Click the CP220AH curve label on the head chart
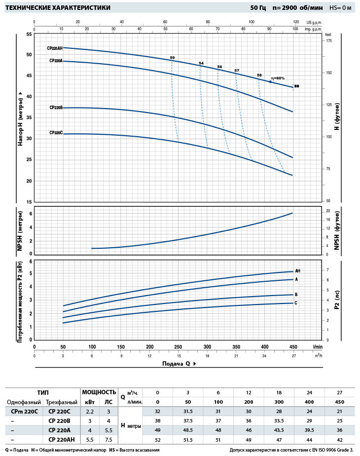point(55,48)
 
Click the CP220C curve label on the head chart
point(56,133)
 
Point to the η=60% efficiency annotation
point(278,78)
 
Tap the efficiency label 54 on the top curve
point(201,63)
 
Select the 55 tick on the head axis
point(29,34)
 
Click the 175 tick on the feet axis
point(329,41)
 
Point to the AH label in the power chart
point(297,271)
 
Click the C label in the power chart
point(296,303)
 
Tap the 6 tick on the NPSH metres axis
point(30,214)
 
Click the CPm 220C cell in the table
point(21,412)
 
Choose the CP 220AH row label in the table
point(61,440)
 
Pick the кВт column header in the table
point(90,402)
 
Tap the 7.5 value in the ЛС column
point(109,440)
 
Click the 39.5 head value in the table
point(310,430)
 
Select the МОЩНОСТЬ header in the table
point(99,392)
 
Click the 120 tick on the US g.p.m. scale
point(296,22)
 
